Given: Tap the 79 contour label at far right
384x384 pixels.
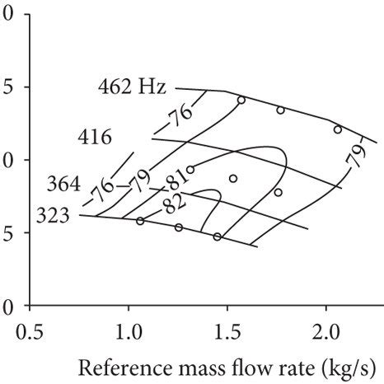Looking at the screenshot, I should (357, 158).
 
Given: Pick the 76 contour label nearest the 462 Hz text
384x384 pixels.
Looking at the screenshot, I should (181, 117).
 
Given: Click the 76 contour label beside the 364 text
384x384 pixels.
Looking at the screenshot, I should (104, 190).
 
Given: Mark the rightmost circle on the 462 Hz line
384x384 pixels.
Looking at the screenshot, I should (337, 129).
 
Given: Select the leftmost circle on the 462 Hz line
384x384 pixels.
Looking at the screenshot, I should (241, 100).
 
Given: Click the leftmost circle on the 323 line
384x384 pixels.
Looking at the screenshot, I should (140, 221).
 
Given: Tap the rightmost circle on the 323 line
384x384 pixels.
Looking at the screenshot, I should (218, 236).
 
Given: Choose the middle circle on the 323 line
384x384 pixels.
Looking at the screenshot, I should (179, 227).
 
